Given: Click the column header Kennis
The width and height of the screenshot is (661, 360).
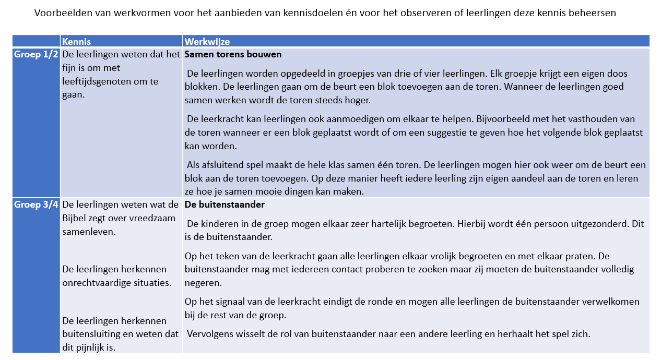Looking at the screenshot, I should tap(76, 42).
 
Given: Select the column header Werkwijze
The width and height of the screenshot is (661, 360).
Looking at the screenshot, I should tap(207, 42).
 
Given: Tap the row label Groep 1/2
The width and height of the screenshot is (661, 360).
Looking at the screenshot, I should tap(36, 55).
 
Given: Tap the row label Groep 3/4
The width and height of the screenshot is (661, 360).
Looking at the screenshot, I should tap(36, 205).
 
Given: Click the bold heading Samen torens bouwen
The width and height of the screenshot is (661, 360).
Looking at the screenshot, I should tap(233, 55).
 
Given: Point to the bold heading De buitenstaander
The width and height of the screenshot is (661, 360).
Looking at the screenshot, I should tap(225, 205).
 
